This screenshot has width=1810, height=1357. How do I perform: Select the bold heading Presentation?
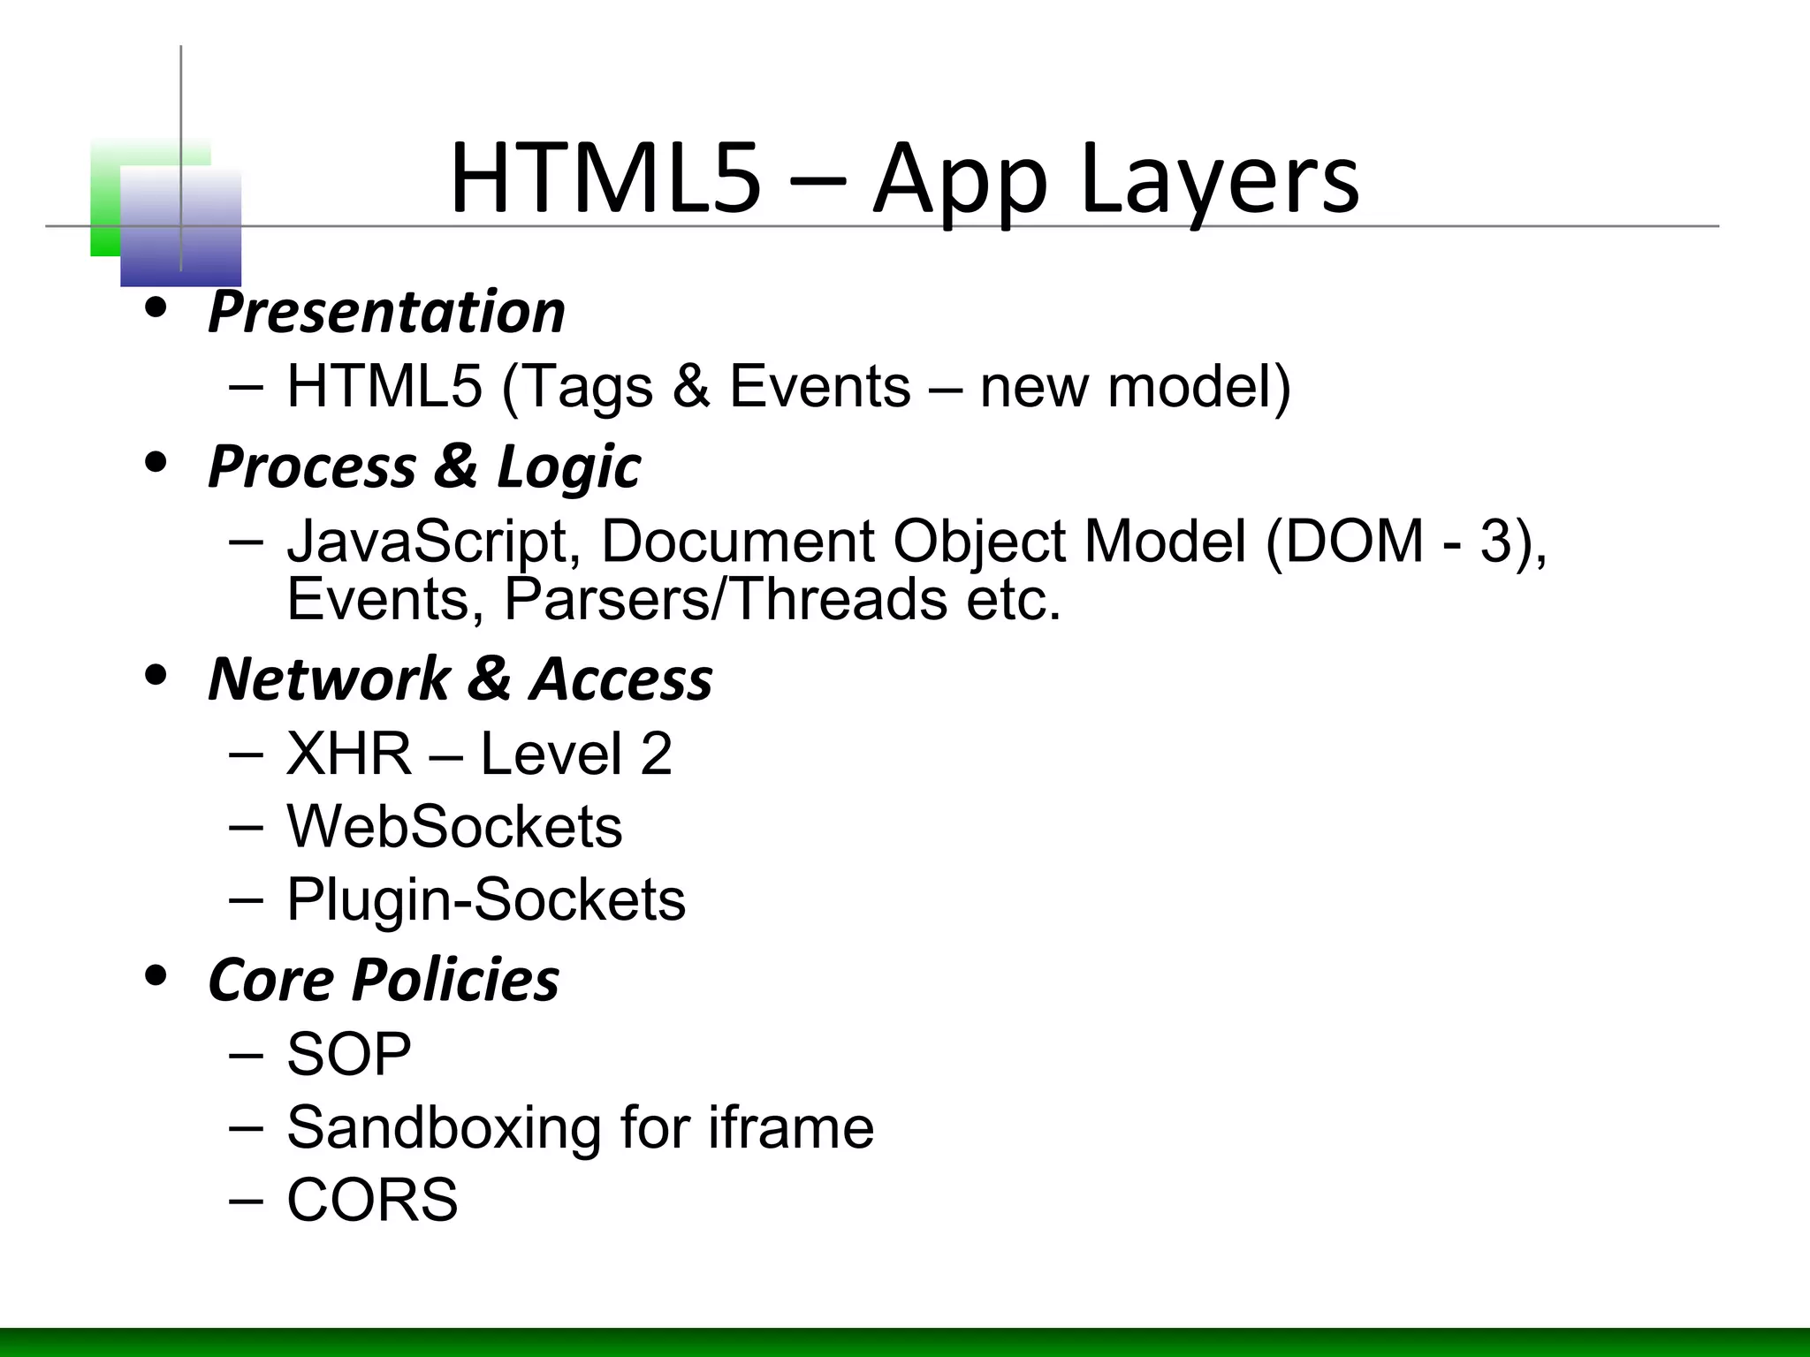(386, 312)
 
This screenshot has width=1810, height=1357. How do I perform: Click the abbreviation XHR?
(349, 754)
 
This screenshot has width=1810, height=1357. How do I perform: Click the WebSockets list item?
(454, 827)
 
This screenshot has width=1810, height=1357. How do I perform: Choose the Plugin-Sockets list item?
(486, 900)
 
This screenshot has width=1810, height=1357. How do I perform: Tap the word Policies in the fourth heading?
(456, 980)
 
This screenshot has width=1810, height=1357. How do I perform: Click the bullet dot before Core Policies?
(156, 975)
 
